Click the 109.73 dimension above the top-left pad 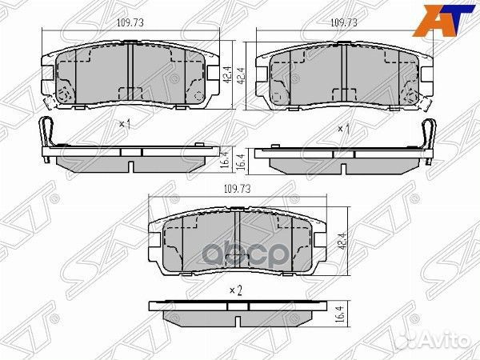click(x=130, y=22)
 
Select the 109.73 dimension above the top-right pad click(x=344, y=22)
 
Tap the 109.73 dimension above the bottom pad click(x=238, y=189)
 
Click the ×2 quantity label click(x=236, y=290)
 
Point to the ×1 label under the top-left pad click(x=125, y=124)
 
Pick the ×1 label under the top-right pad click(x=343, y=129)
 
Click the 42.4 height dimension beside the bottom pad click(x=343, y=242)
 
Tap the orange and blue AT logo click(x=444, y=21)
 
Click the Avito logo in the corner click(x=438, y=340)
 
